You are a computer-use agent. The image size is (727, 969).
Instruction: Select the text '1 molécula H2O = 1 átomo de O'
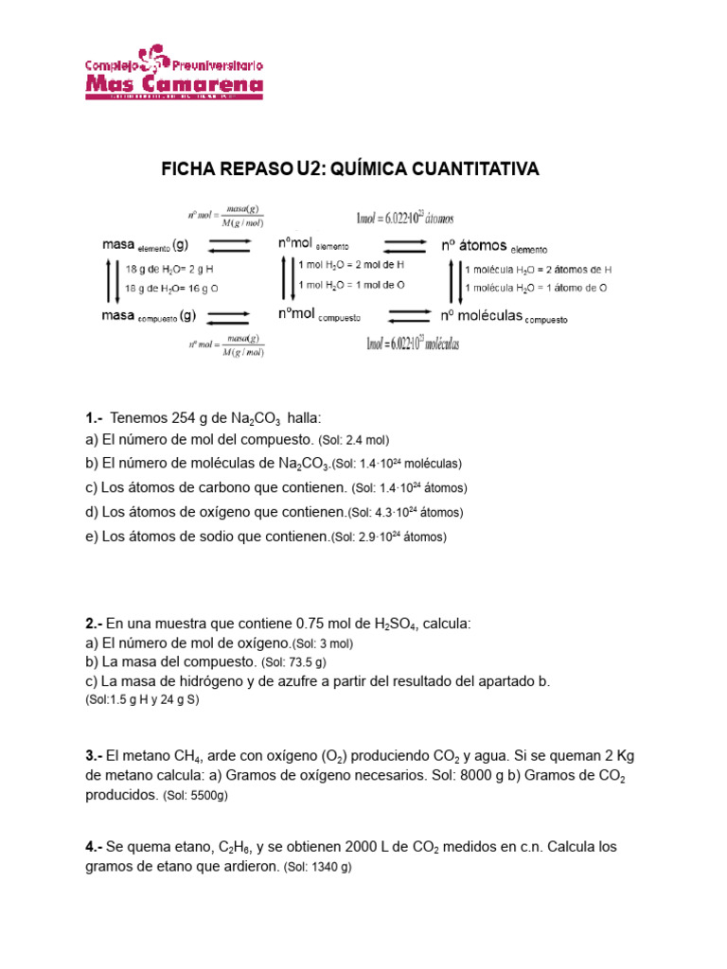(536, 287)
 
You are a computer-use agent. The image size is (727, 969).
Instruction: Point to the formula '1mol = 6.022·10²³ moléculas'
(412, 344)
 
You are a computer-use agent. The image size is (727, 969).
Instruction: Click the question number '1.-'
(93, 417)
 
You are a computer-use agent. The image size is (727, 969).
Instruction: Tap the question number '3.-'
(93, 756)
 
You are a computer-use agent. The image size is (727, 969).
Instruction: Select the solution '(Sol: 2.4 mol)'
(353, 440)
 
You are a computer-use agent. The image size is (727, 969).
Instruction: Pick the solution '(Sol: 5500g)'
(193, 797)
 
